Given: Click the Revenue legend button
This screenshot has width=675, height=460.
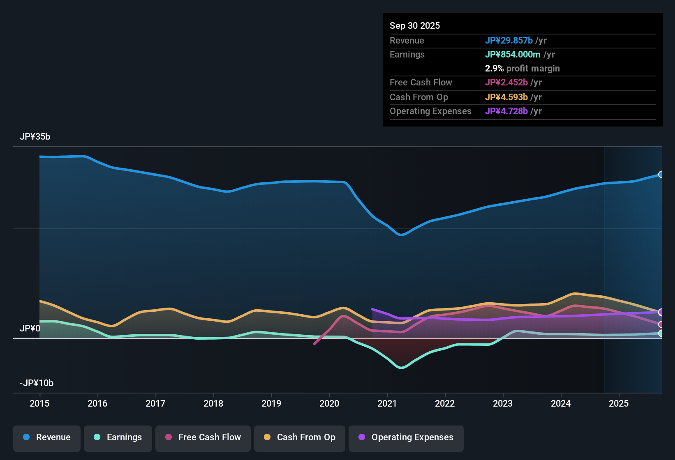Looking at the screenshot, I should [x=47, y=437].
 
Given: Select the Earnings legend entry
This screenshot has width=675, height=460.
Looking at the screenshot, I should [x=118, y=437].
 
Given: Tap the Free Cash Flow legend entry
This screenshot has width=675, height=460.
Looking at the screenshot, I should [x=203, y=437].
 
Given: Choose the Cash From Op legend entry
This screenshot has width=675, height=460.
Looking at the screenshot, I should [x=300, y=437].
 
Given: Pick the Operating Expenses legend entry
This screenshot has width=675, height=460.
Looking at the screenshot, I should [x=406, y=437].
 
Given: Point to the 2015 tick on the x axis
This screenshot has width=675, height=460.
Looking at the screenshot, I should [x=39, y=403].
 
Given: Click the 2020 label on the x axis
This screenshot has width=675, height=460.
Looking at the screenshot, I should [x=329, y=403].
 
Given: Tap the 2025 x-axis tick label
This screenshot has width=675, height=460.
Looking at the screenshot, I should [x=619, y=403].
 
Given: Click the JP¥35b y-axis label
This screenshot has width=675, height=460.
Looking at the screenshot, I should [x=35, y=137].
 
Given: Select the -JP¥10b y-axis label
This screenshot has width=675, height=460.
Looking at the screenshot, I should [x=37, y=383].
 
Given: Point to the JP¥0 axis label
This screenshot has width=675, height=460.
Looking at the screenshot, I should [x=30, y=329].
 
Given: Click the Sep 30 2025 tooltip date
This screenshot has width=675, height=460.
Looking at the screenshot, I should [x=415, y=26].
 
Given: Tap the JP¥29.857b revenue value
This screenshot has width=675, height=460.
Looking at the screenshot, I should [x=509, y=41].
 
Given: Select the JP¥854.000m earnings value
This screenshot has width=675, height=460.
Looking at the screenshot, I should [x=513, y=55].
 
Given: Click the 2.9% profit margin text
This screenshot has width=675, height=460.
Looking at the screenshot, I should [x=522, y=69].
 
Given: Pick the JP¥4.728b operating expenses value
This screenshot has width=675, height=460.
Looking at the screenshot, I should [x=506, y=111].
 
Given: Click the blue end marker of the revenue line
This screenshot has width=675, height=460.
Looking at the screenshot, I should [x=661, y=175].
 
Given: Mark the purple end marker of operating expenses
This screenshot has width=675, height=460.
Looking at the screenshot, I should [x=661, y=312].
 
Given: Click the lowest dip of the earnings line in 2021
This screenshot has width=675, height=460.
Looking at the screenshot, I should [x=401, y=368].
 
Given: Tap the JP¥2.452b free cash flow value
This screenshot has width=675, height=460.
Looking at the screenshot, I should [x=506, y=83].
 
